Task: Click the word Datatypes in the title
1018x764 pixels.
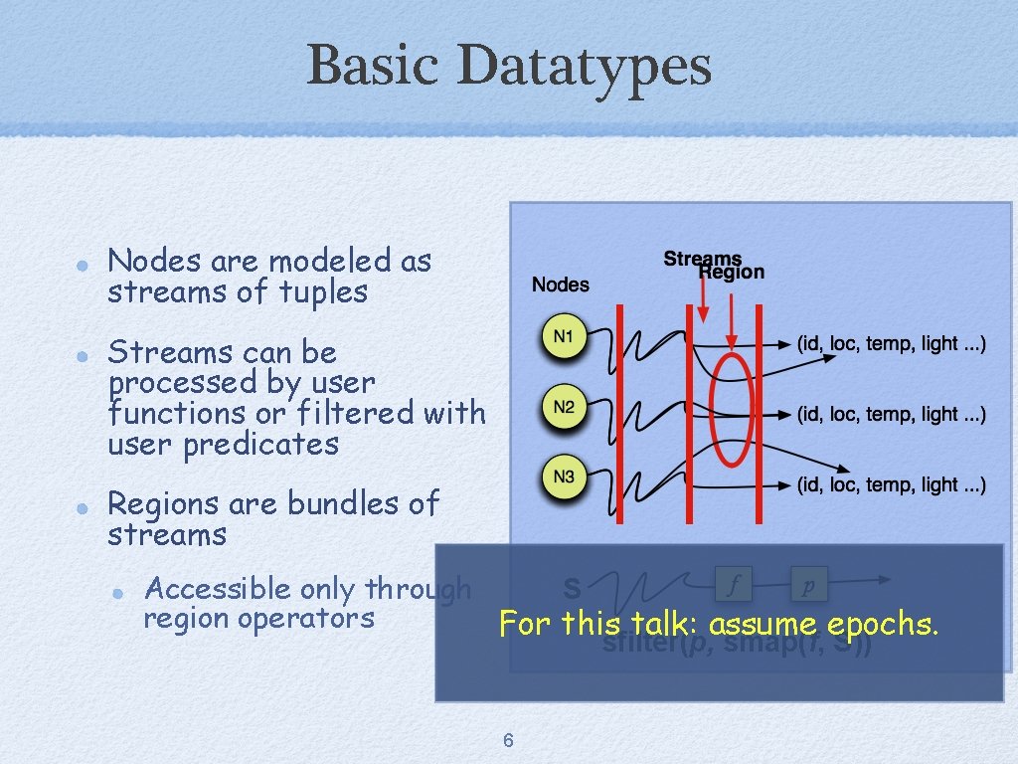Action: tap(586, 66)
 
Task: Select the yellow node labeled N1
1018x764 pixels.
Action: tap(564, 336)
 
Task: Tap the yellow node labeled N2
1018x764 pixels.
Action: tap(564, 406)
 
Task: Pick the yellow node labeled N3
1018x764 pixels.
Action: tap(564, 477)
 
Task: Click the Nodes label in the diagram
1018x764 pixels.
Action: tap(560, 285)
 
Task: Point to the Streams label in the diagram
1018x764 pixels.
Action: tap(702, 259)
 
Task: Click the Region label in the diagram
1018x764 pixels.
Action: tap(733, 273)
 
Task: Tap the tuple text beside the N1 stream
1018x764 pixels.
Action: tap(892, 344)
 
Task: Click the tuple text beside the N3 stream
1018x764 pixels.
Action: tap(892, 485)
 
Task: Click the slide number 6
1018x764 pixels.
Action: tap(508, 740)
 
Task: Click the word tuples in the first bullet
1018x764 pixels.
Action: tap(323, 292)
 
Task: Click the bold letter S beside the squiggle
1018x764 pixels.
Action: tap(572, 588)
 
